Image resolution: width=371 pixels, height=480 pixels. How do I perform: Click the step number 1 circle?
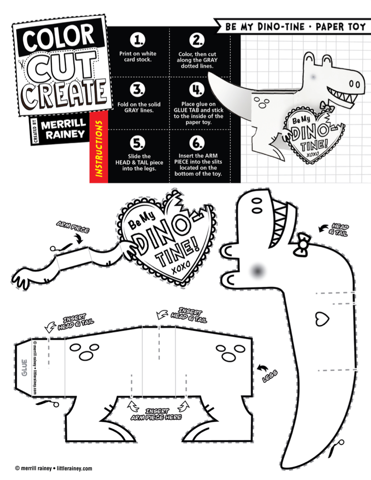coord(138,41)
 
